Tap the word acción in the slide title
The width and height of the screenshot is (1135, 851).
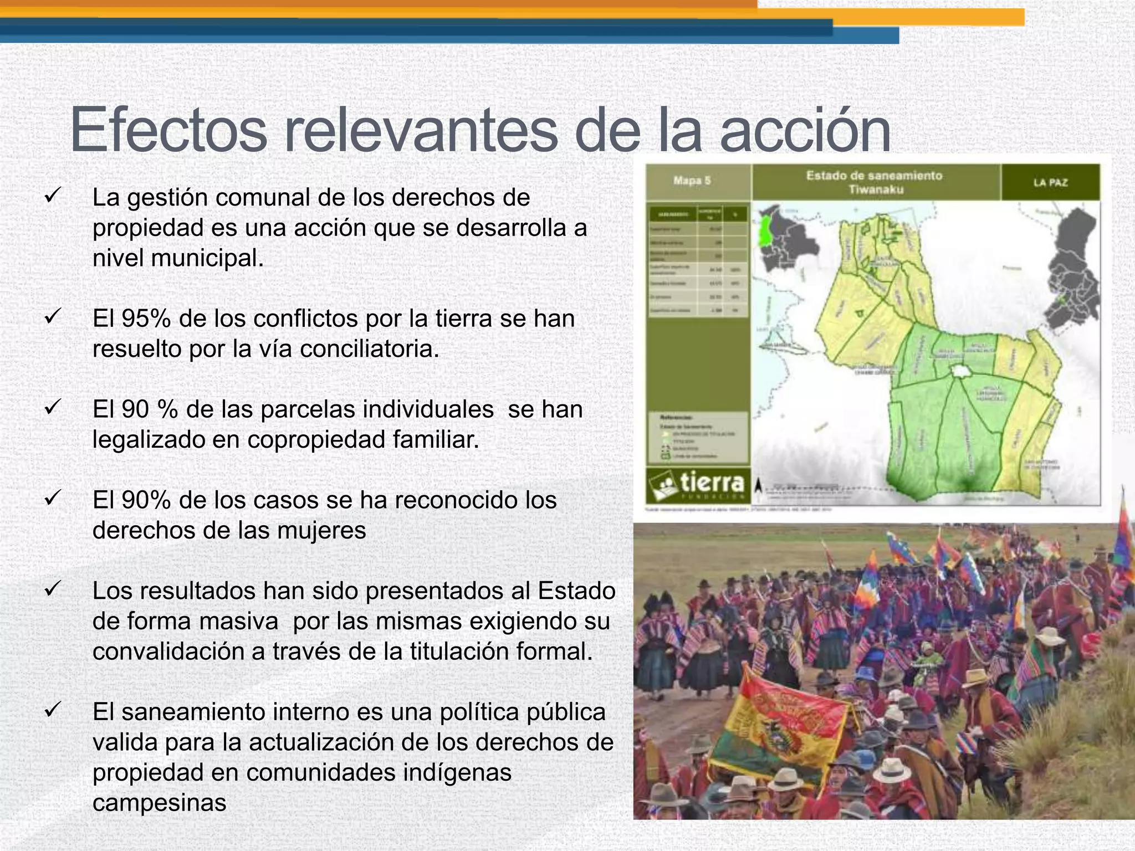click(805, 131)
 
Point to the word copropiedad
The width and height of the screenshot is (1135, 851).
click(316, 440)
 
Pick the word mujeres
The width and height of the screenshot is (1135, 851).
click(321, 531)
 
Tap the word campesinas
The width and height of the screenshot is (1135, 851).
click(160, 803)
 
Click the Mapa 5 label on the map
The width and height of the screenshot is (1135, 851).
click(692, 181)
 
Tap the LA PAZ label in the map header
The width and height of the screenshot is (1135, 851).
click(1050, 182)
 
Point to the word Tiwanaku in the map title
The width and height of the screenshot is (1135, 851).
click(876, 190)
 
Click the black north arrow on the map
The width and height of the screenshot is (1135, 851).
click(759, 485)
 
